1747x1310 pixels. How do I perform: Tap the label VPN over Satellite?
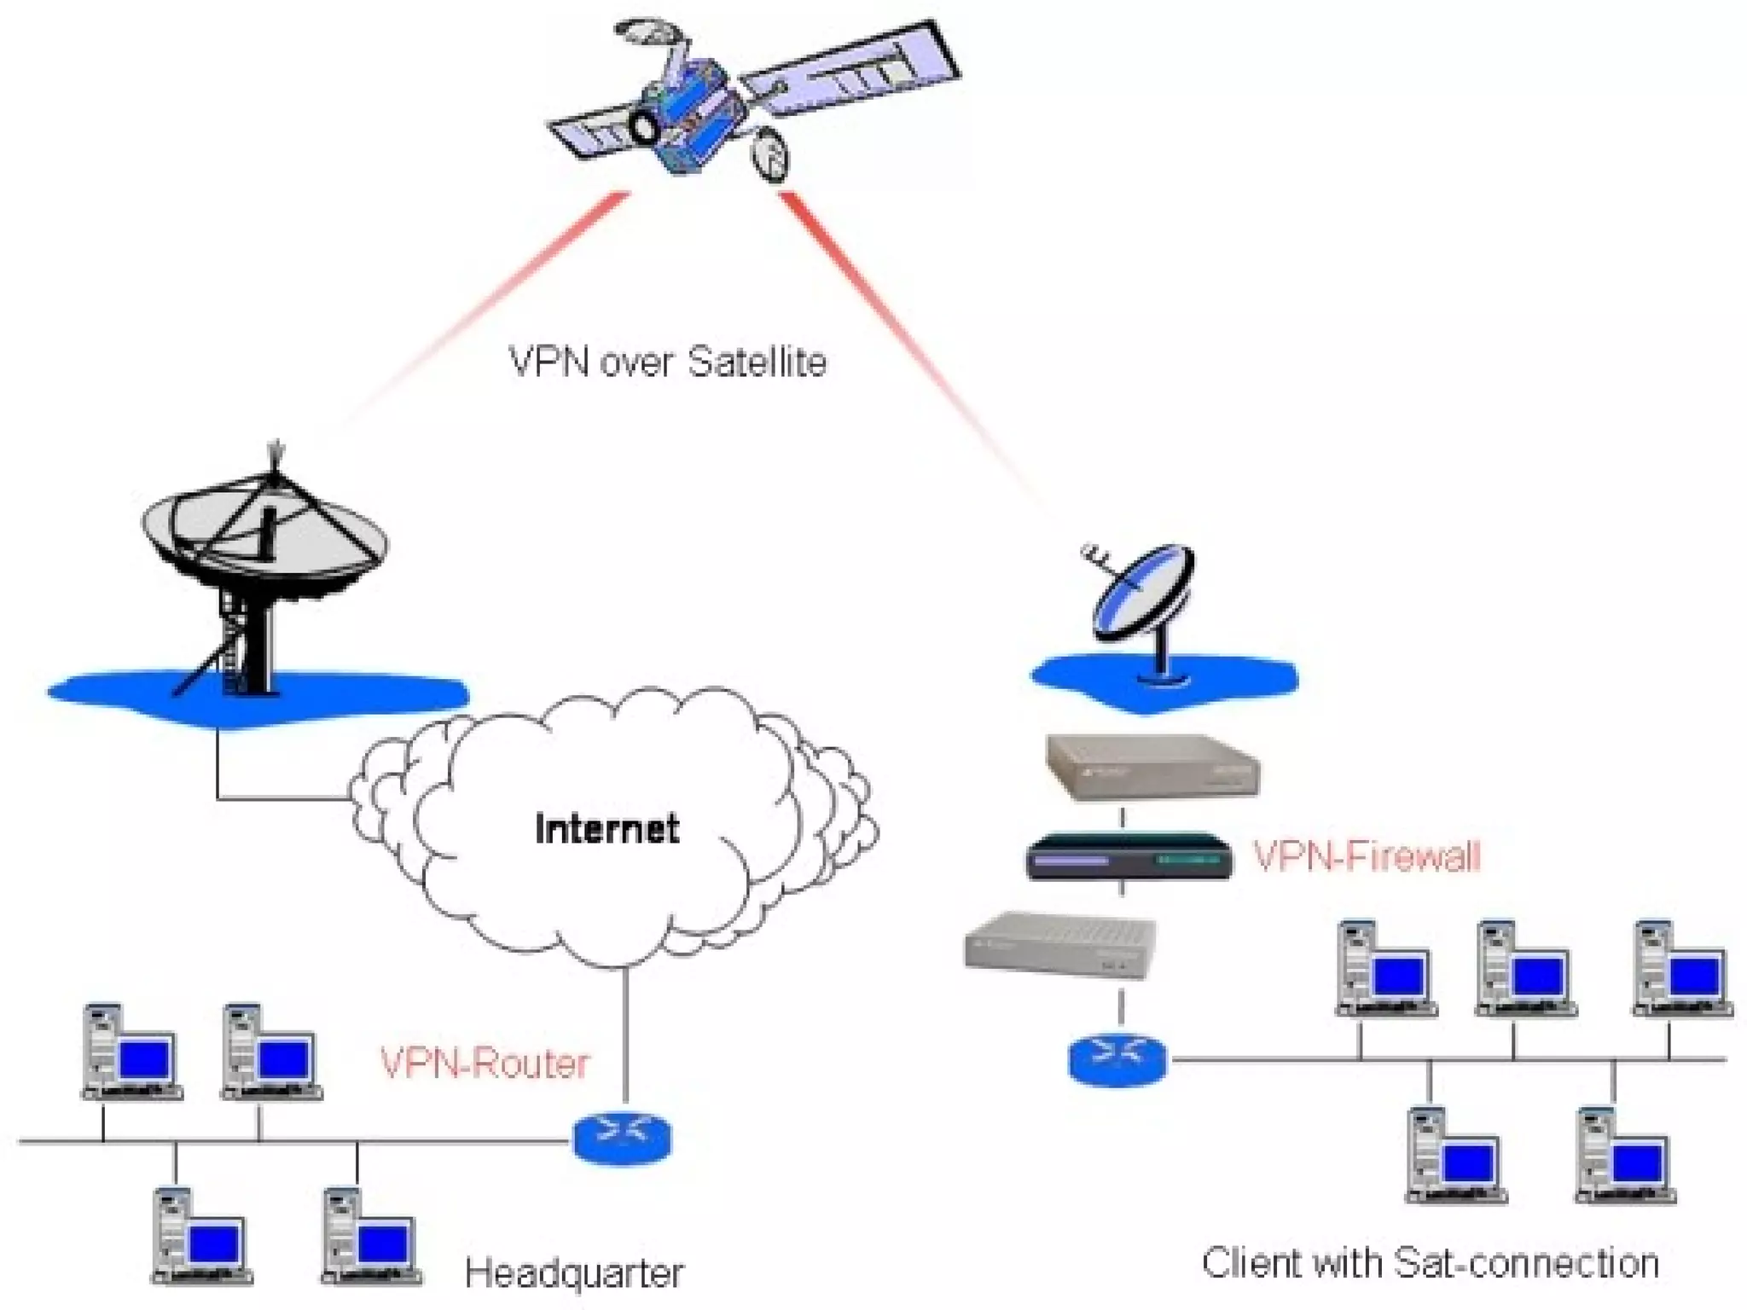tap(667, 362)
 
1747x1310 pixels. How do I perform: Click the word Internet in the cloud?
tap(607, 829)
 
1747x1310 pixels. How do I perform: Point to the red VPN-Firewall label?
tap(1366, 855)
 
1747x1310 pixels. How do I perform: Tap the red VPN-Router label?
tap(484, 1064)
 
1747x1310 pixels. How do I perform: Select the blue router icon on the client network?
tap(1117, 1058)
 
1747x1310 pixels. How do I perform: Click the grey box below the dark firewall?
tap(1060, 945)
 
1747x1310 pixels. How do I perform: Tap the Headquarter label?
tap(574, 1273)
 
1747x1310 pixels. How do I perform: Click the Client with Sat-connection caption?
tap(1431, 1263)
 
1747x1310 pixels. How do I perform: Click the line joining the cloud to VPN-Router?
tap(625, 1032)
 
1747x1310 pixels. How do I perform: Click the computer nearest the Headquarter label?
tap(372, 1237)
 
